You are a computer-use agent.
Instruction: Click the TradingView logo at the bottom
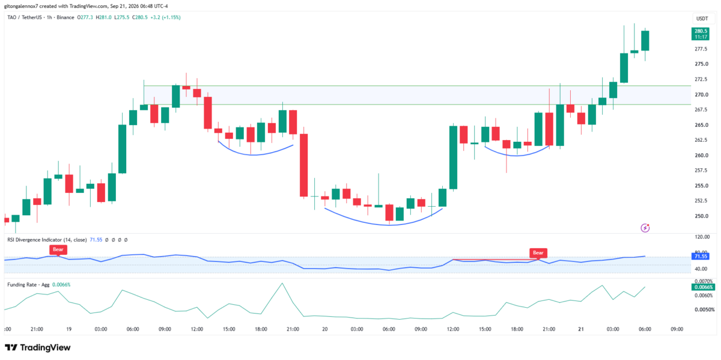click(x=38, y=347)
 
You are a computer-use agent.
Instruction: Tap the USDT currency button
click(x=702, y=19)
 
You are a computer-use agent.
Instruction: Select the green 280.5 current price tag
click(x=701, y=34)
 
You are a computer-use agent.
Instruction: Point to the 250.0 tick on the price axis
click(x=702, y=216)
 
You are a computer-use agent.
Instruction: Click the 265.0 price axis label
click(x=702, y=125)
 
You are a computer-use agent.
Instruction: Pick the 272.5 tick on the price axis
click(x=702, y=79)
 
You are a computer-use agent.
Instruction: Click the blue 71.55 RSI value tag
click(x=701, y=256)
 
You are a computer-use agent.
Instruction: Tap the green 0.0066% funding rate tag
click(x=704, y=287)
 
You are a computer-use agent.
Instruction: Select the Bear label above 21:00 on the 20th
click(x=538, y=253)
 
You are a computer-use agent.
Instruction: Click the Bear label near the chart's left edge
click(x=58, y=249)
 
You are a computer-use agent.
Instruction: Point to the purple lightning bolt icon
click(x=645, y=228)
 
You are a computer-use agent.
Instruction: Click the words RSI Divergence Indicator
click(x=35, y=240)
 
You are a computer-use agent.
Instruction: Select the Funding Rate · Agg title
click(x=28, y=285)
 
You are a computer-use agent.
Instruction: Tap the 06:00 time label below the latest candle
click(x=645, y=329)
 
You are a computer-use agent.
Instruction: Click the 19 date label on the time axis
click(x=68, y=329)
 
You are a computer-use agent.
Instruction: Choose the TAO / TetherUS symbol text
click(x=25, y=17)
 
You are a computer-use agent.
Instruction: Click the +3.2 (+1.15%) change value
click(x=165, y=17)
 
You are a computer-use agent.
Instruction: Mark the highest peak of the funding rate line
click(x=282, y=283)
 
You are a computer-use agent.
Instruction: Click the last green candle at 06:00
click(x=645, y=41)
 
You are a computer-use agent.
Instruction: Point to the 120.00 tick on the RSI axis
click(x=702, y=237)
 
